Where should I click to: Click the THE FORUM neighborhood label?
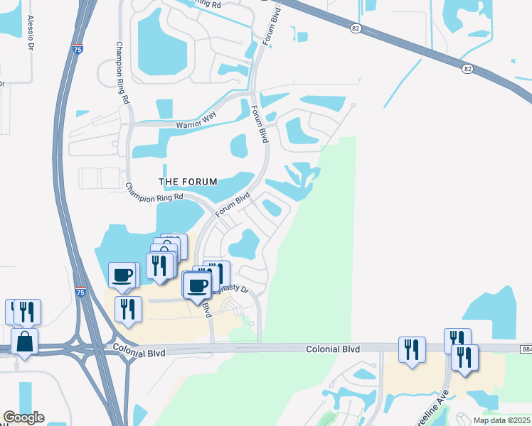[188, 182]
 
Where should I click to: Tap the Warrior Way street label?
[196, 125]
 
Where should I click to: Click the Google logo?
[23, 417]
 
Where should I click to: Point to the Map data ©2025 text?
[502, 420]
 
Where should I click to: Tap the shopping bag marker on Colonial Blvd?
[24, 342]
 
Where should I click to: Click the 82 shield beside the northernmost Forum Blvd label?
[356, 28]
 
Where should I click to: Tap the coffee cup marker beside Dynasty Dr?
[196, 285]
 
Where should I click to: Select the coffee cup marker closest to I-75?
[122, 275]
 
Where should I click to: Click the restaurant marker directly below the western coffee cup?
[128, 309]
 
